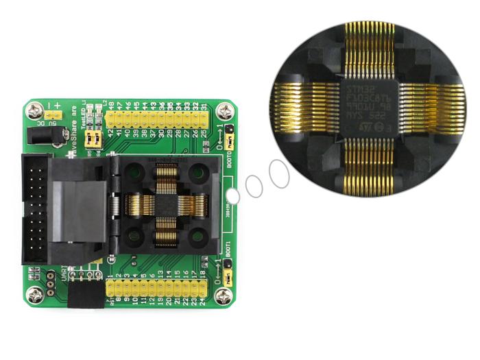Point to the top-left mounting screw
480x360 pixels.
(x=33, y=110)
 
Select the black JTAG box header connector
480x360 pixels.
(x=34, y=209)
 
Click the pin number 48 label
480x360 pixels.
(x=111, y=105)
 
